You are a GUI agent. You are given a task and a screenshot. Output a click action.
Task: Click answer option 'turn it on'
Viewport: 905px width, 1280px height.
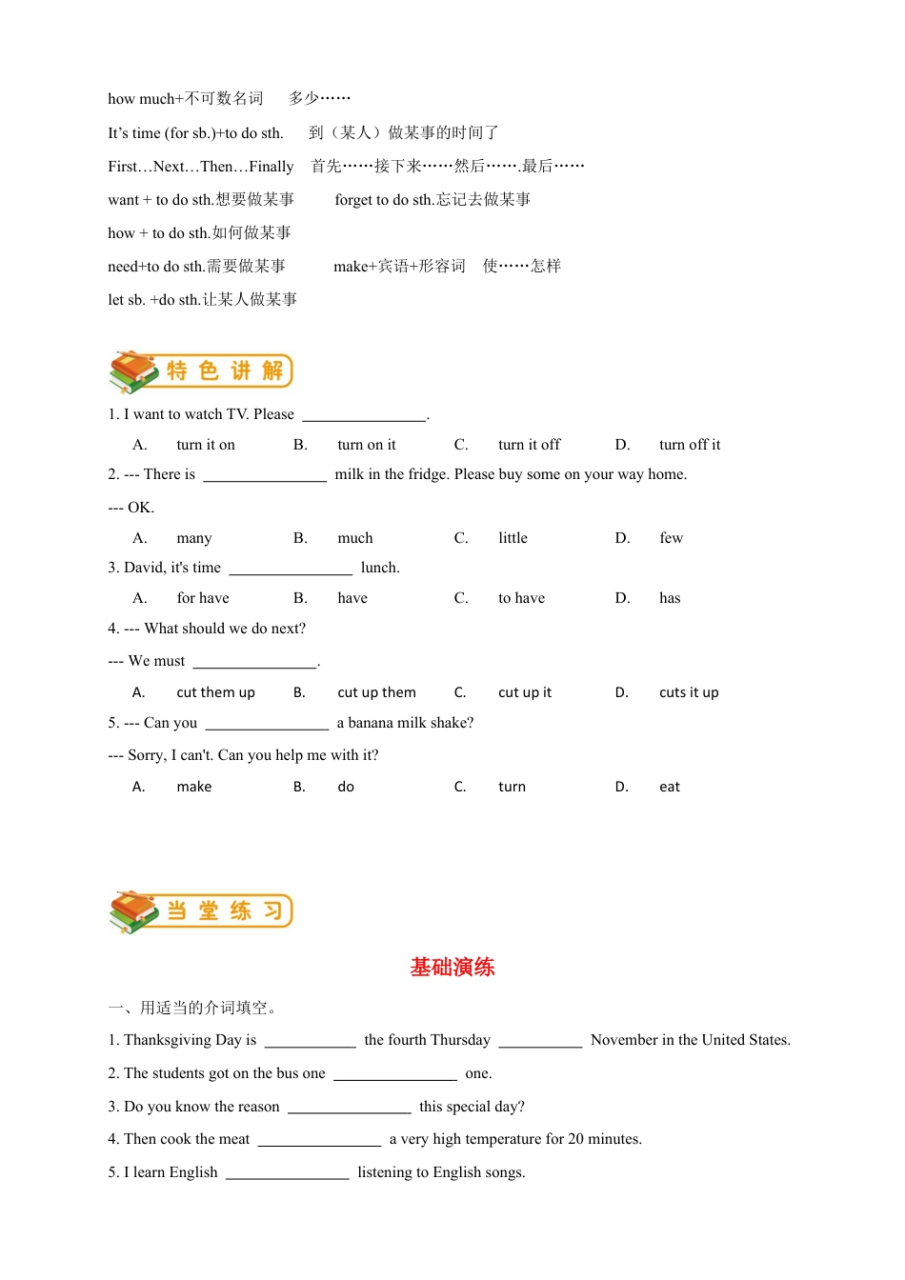[x=206, y=445]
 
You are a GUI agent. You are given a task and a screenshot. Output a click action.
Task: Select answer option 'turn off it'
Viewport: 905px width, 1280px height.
[x=690, y=445]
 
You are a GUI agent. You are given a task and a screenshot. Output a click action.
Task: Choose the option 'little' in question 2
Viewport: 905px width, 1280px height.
[x=513, y=538]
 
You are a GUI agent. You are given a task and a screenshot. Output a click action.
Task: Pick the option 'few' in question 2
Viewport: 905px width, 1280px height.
[x=671, y=538]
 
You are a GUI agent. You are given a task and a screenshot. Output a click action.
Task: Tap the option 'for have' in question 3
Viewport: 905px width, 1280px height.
[x=203, y=598]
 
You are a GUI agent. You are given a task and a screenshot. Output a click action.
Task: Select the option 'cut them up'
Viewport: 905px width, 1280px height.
[x=215, y=692]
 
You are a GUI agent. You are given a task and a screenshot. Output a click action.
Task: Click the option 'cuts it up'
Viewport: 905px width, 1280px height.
[x=689, y=692]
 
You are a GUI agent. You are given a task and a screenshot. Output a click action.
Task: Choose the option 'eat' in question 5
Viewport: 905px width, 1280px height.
[x=670, y=787]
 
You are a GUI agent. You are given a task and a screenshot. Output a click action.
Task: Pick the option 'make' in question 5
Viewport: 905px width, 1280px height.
[x=194, y=787]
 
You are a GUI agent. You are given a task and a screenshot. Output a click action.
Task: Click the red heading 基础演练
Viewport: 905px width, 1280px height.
[x=452, y=968]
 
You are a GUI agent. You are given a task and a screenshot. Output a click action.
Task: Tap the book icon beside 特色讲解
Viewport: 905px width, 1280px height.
[x=132, y=371]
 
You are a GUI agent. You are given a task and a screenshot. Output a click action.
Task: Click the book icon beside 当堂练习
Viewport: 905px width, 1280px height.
[x=132, y=911]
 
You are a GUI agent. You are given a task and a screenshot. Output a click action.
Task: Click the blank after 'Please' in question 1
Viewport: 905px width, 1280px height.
[x=364, y=415]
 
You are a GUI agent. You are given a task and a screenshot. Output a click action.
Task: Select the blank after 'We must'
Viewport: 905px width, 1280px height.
[x=254, y=662]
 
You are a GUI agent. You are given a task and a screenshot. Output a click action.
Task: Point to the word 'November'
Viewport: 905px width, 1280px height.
[x=632, y=1040]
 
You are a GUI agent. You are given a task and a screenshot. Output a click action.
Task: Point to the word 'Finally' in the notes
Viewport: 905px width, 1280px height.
[x=271, y=167]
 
